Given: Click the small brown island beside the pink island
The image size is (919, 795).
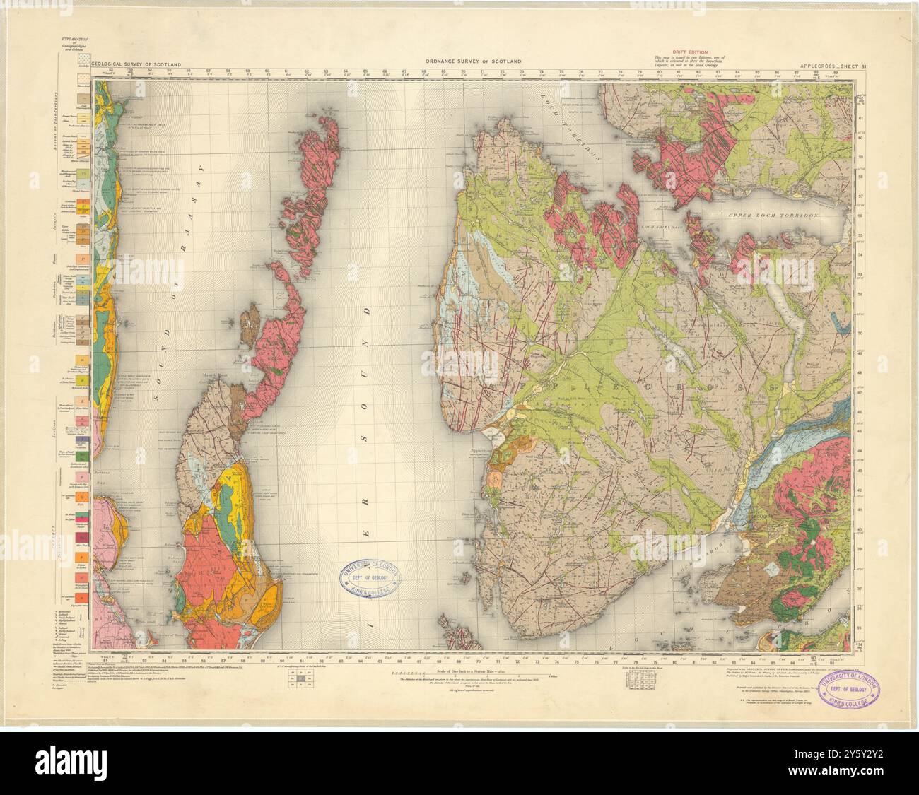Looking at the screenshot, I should click(x=250, y=325).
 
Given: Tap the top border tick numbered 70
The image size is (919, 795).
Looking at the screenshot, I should click(x=463, y=71).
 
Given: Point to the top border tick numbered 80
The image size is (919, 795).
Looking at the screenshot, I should click(x=659, y=71).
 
